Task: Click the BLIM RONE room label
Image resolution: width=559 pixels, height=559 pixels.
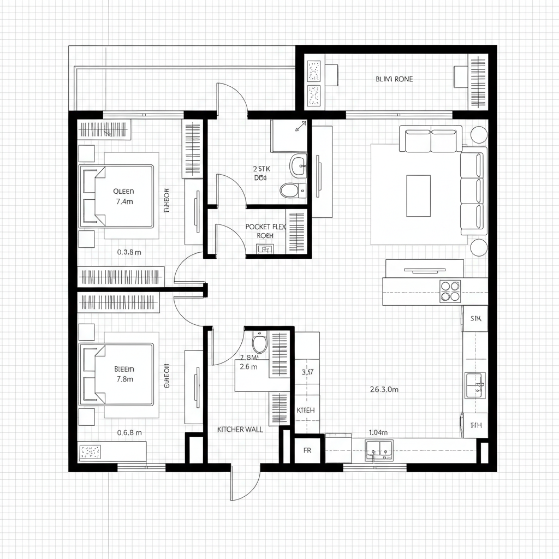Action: pos(394,79)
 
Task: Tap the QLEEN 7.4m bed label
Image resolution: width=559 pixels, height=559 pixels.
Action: pos(123,197)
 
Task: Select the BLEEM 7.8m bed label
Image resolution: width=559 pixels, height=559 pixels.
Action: pos(124,373)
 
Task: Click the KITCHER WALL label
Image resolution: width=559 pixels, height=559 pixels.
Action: pos(240,430)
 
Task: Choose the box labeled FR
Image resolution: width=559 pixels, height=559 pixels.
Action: pos(307,451)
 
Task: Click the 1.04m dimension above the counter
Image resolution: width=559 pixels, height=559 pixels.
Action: pos(378,432)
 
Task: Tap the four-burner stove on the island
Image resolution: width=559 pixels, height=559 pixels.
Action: pos(450,291)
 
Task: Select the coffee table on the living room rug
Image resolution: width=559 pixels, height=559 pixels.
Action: pos(418,188)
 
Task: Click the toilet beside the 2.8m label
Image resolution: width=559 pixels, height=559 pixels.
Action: pos(259,344)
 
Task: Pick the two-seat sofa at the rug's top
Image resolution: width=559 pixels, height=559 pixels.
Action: pos(431,140)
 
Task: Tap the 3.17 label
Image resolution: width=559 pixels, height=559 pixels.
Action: pos(307,372)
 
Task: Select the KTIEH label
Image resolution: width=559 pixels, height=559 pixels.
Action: pos(305,410)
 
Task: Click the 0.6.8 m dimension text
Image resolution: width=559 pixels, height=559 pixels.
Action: pos(129,432)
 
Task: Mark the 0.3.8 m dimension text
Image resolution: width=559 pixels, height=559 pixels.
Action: pos(129,252)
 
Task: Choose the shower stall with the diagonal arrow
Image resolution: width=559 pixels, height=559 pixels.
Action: pos(289,136)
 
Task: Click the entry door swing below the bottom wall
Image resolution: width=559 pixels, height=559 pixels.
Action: pos(246,483)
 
